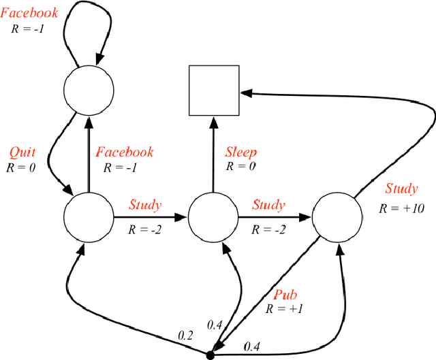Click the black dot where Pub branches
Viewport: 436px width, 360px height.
210,354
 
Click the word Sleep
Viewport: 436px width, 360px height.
241,152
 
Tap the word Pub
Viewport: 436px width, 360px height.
285,295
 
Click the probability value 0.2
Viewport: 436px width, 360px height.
185,334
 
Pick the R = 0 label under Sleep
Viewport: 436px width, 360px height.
242,166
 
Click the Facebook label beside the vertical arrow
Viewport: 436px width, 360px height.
125,152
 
